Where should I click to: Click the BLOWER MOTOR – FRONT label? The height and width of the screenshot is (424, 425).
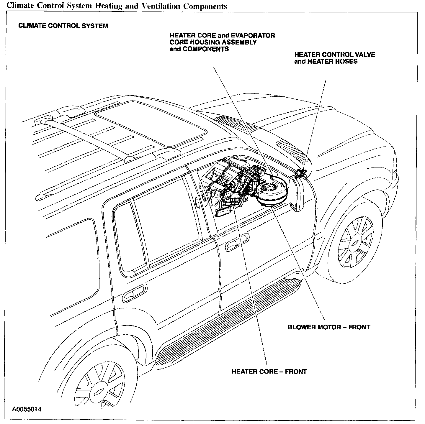tap(328, 327)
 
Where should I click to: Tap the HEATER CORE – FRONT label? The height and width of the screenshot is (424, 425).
tap(269, 372)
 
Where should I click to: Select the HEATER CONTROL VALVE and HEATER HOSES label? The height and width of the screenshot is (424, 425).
tap(334, 58)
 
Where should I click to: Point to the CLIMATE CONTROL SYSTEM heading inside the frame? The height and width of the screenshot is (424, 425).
tap(63, 26)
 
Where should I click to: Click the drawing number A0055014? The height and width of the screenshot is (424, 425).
tap(27, 410)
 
